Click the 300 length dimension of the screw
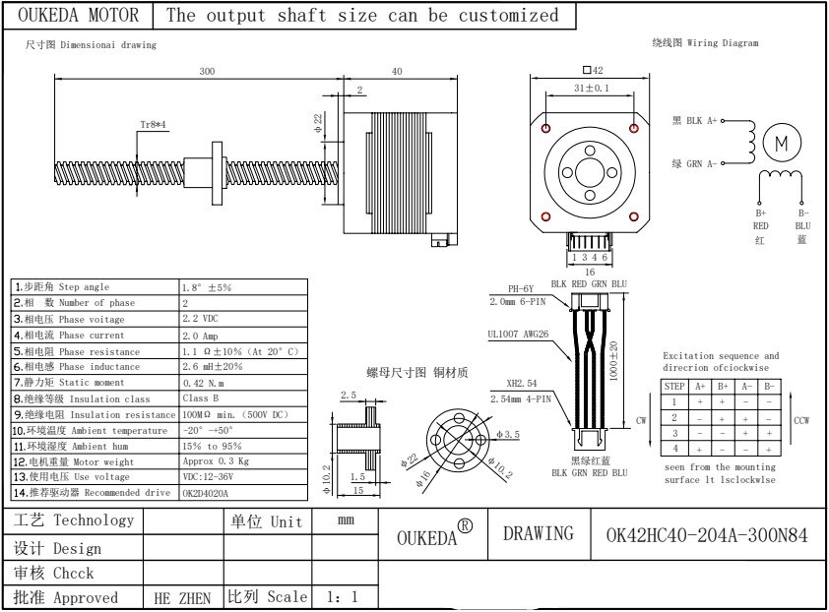coord(207,72)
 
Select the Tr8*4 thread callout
coord(153,125)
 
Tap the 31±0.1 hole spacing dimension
coord(591,89)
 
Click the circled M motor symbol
coord(782,143)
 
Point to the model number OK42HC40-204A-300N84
coord(707,535)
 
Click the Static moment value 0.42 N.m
coord(204,382)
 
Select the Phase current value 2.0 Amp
coord(201,336)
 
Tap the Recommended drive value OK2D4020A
coord(205,492)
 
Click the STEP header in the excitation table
coord(674,387)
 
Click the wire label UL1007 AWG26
coord(518,335)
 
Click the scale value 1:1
coord(342,597)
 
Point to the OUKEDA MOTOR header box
coord(79,16)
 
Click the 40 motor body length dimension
coord(397,72)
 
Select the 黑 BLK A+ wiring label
coord(694,121)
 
